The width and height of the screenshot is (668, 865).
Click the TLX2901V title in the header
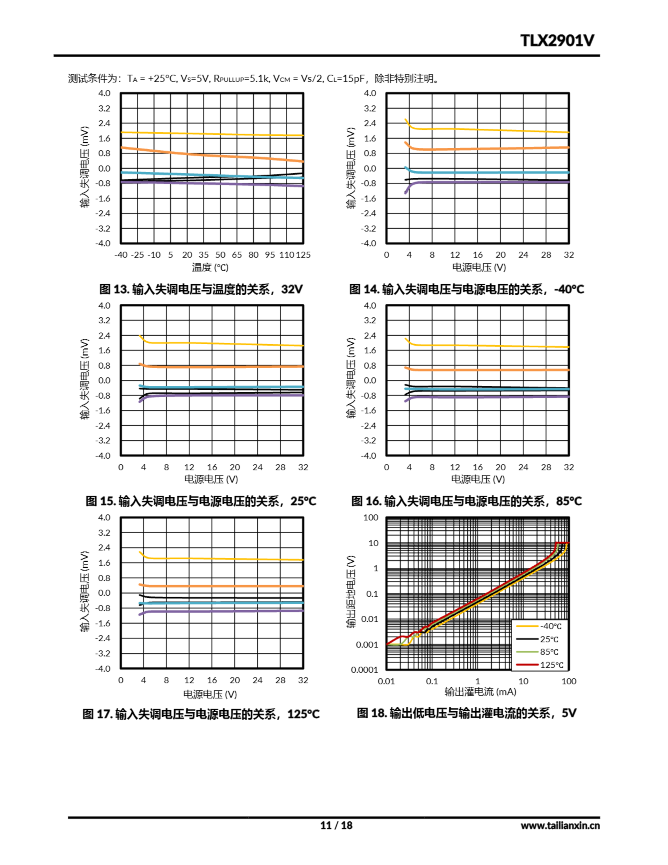[557, 41]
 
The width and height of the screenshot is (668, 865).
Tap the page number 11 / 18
[336, 825]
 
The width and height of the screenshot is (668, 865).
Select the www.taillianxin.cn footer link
[560, 825]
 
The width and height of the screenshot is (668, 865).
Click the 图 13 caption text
[201, 289]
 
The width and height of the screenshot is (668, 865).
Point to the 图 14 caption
[466, 289]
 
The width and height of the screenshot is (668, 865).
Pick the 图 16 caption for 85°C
[466, 501]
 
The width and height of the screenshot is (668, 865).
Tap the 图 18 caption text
[466, 713]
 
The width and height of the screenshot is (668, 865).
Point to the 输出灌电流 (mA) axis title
[480, 692]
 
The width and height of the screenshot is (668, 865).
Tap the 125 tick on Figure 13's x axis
[303, 255]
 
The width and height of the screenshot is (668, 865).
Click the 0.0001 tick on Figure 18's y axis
[364, 670]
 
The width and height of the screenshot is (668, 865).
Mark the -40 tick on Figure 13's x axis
[121, 255]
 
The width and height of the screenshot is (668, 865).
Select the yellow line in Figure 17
[222, 559]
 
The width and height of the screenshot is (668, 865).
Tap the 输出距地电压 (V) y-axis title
[351, 592]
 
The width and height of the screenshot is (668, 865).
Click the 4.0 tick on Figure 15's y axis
[104, 305]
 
